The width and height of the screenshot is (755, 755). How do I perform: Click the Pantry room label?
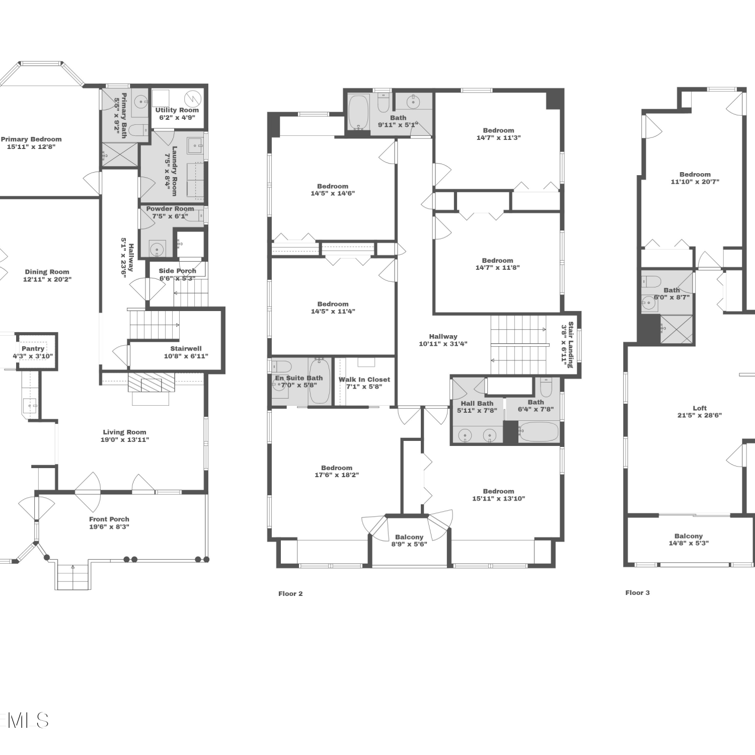[33, 348]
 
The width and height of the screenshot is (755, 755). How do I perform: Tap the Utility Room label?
[177, 110]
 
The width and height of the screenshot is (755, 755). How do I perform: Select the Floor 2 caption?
[290, 594]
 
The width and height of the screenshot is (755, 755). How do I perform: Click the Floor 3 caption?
[637, 593]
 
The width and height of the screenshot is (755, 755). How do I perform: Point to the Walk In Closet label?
[364, 380]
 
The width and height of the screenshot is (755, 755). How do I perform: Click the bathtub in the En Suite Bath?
[320, 381]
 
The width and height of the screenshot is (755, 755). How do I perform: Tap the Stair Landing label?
[571, 345]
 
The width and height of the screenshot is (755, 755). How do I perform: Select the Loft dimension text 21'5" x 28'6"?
[700, 416]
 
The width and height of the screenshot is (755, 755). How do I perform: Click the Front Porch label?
[109, 519]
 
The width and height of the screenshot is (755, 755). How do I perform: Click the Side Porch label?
[178, 271]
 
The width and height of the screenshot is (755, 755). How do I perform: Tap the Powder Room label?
[170, 209]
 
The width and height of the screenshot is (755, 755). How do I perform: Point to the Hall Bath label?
[477, 404]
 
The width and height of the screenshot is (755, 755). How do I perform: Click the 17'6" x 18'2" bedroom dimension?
[337, 475]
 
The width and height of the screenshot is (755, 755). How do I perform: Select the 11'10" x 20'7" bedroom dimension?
[695, 182]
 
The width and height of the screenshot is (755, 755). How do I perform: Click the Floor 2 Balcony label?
[409, 537]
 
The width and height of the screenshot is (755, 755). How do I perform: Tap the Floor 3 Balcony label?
[689, 536]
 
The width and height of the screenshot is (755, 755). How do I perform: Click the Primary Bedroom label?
[31, 139]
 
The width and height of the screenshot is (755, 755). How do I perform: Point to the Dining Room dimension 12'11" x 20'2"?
[47, 279]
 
